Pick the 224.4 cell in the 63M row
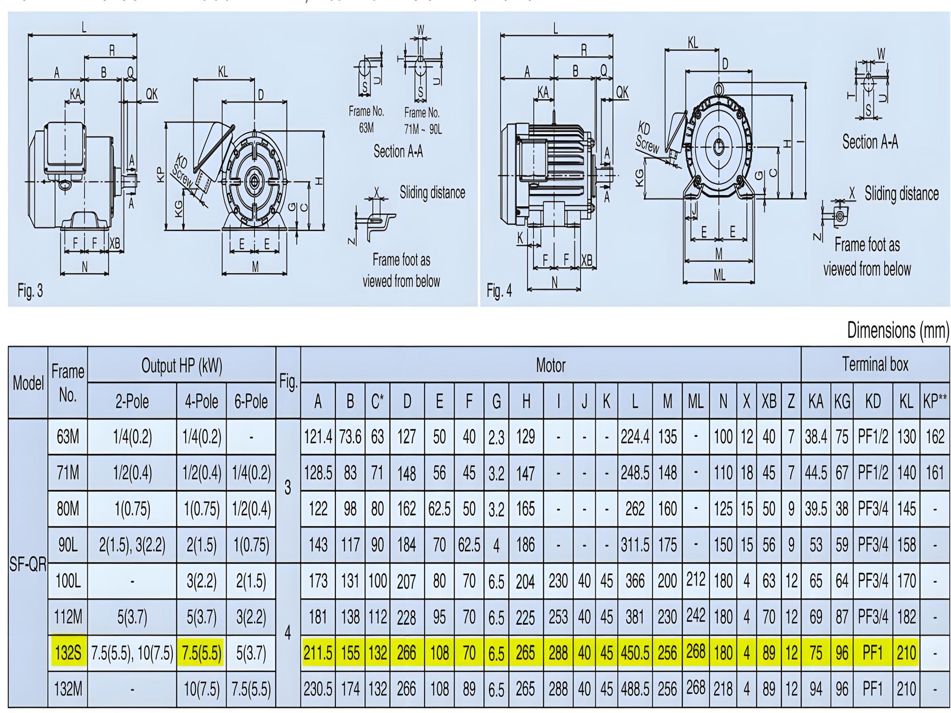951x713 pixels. pyautogui.click(x=635, y=437)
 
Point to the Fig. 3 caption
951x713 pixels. pyautogui.click(x=30, y=291)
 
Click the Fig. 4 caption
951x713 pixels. pyautogui.click(x=499, y=291)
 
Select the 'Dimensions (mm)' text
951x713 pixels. pyautogui.click(x=898, y=330)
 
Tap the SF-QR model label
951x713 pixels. pyautogui.click(x=28, y=564)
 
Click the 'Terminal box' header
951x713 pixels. pyautogui.click(x=875, y=365)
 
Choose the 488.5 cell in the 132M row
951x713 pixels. pyautogui.click(x=635, y=689)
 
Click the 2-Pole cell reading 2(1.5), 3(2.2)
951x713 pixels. pyautogui.click(x=132, y=545)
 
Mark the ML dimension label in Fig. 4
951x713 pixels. pyautogui.click(x=719, y=275)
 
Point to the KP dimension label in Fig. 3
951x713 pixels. pyautogui.click(x=160, y=175)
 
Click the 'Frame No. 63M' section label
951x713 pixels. pyautogui.click(x=366, y=119)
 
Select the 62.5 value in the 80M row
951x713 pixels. pyautogui.click(x=439, y=509)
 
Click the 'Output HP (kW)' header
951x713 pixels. pyautogui.click(x=182, y=366)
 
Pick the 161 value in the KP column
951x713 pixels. pyautogui.click(x=935, y=473)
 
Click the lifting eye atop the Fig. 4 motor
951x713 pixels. pyautogui.click(x=718, y=87)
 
